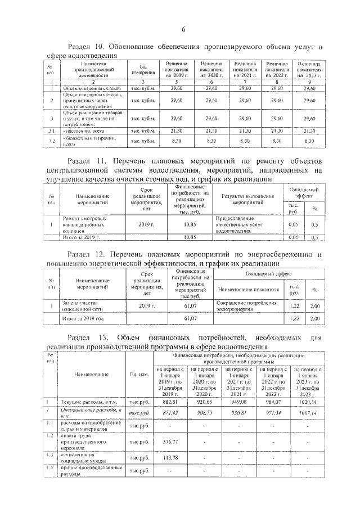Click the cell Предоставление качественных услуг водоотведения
(x=242, y=224)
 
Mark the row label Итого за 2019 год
(x=83, y=318)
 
